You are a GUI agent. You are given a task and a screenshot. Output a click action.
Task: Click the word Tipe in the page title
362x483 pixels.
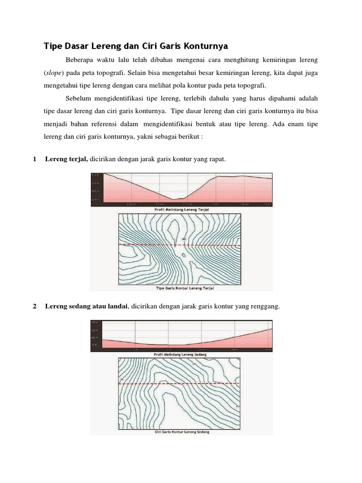pyautogui.click(x=53, y=46)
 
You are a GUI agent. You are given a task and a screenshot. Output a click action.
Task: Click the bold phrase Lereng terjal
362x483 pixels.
pyautogui.click(x=66, y=159)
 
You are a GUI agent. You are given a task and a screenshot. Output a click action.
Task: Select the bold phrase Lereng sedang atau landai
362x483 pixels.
pyautogui.click(x=86, y=307)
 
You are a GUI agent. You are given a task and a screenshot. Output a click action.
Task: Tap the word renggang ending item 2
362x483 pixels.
pyautogui.click(x=266, y=307)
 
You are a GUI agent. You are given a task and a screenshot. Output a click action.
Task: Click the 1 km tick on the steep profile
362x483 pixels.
pyautogui.click(x=216, y=204)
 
